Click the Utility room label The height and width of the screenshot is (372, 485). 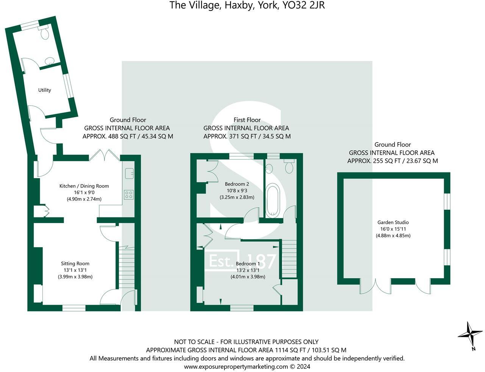[44, 90]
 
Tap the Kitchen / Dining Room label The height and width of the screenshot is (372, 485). [84, 186]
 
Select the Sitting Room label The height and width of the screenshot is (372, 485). [75, 263]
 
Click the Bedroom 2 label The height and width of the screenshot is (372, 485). [237, 184]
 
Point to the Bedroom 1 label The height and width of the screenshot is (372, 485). [248, 264]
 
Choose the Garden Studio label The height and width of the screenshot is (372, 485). [393, 222]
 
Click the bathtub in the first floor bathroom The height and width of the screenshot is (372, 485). [272, 200]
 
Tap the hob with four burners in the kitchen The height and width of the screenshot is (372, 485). [129, 194]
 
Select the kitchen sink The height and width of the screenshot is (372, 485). [129, 174]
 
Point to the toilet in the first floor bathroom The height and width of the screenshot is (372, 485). [289, 166]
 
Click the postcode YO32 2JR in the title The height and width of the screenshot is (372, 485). [304, 5]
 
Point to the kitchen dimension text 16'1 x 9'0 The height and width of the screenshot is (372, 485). [84, 192]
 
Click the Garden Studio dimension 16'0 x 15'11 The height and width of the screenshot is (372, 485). [393, 229]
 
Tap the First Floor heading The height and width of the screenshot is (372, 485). [247, 120]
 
